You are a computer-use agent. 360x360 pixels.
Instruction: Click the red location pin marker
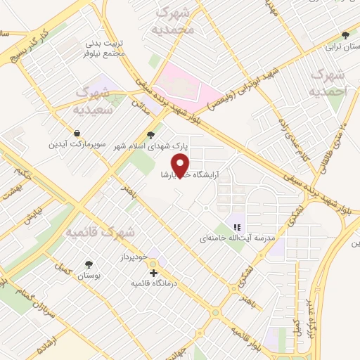pyautogui.click(x=182, y=165)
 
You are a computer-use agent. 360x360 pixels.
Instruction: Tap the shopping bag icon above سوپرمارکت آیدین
pyautogui.click(x=76, y=133)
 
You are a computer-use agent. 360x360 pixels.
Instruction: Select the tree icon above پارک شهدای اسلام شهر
pyautogui.click(x=150, y=136)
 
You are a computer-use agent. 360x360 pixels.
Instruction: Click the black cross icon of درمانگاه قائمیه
pyautogui.click(x=153, y=273)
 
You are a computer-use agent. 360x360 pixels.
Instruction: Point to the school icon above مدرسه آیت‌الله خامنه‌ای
pyautogui.click(x=237, y=227)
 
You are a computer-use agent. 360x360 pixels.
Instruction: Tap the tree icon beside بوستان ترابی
pyautogui.click(x=345, y=35)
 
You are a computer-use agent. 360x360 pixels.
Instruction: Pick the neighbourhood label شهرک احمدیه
pyautogui.click(x=328, y=83)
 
